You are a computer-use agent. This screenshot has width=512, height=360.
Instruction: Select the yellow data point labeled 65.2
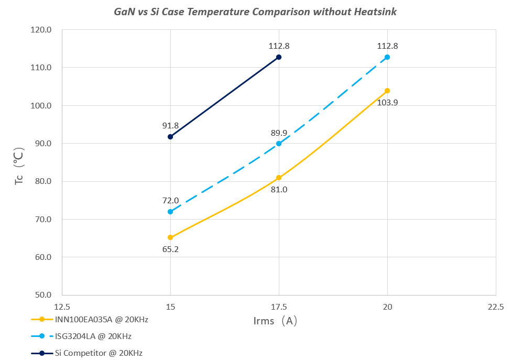170,237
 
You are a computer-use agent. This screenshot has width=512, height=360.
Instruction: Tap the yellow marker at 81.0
279,178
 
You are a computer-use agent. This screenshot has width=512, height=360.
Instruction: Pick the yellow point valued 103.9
387,91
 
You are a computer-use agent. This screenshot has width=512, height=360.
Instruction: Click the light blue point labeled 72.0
170,212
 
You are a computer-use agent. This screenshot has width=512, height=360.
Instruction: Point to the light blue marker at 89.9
279,144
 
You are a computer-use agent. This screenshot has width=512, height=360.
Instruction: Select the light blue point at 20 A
387,57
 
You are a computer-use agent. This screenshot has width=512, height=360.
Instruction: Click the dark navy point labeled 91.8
170,137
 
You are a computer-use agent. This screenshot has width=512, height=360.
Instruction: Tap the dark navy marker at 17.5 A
279,57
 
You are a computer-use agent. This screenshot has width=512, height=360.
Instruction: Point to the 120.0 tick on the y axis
41,30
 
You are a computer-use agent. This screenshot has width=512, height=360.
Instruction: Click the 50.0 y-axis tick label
41,295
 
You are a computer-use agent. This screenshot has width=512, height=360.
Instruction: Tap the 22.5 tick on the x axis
495,307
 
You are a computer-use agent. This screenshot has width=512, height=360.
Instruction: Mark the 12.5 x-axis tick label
62,307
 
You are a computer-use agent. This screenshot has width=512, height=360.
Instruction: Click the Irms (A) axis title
272,321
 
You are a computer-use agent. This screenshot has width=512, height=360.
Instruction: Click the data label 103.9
387,103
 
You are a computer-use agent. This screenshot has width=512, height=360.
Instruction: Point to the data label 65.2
170,249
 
